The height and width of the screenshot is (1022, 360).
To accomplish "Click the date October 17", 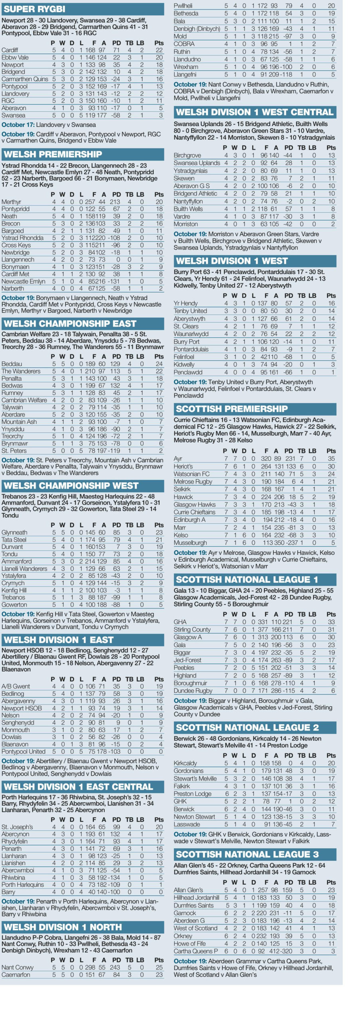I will [x=18, y=125].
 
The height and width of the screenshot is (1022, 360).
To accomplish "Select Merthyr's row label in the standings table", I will [x=11, y=202].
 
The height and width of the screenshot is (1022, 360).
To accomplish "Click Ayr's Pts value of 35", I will [x=331, y=459].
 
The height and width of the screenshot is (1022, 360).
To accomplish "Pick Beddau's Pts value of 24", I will [x=159, y=364].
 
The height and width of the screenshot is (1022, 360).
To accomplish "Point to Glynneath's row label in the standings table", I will [x=14, y=532].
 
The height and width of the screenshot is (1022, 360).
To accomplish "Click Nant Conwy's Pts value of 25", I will [x=159, y=967].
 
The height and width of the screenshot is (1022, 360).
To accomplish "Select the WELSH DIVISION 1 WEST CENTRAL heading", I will [x=254, y=112].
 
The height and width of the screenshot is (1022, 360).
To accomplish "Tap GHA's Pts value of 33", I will [x=331, y=622].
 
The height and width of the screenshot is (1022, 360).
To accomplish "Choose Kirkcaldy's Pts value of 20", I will [x=331, y=763].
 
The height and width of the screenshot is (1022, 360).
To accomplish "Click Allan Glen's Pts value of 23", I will [x=331, y=890].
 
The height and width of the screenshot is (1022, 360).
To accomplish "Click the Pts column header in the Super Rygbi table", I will [x=159, y=43].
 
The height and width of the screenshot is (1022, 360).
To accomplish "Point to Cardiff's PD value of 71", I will [x=116, y=50].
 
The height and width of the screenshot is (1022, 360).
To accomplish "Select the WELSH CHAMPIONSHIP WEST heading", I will [x=71, y=485].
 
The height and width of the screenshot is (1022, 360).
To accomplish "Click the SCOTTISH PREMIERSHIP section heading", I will [x=231, y=409].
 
